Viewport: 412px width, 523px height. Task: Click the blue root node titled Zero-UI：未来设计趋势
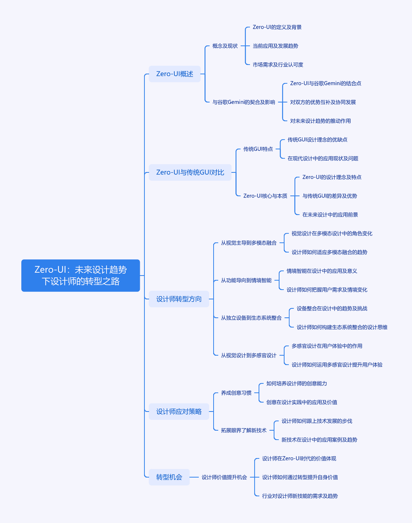pyautogui.click(x=80, y=275)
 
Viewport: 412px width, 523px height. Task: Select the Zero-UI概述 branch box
pyautogui.click(x=175, y=74)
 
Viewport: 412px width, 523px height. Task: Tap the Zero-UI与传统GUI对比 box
pyautogui.click(x=190, y=172)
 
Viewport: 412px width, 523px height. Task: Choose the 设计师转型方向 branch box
pyautogui.click(x=179, y=299)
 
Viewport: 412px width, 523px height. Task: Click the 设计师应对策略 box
pyautogui.click(x=179, y=411)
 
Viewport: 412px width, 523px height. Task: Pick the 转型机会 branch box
pyautogui.click(x=169, y=477)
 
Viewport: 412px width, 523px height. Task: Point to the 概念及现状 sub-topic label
pyautogui.click(x=225, y=46)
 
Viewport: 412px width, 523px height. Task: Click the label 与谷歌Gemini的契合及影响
pyautogui.click(x=244, y=102)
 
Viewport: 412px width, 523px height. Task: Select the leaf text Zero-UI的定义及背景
pyautogui.click(x=277, y=27)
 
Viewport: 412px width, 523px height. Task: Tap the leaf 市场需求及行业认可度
pyautogui.click(x=278, y=65)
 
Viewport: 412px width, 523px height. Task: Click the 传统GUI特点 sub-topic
pyautogui.click(x=258, y=149)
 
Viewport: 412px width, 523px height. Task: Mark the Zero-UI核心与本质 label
pyautogui.click(x=266, y=196)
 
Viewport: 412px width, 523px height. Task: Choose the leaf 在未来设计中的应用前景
pyautogui.click(x=330, y=215)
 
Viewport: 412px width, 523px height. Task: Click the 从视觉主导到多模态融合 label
pyautogui.click(x=249, y=243)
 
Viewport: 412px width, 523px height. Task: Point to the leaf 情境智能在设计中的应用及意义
pyautogui.click(x=322, y=271)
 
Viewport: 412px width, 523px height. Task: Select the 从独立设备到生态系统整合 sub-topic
pyautogui.click(x=251, y=318)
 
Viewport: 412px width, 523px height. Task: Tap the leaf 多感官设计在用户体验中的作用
pyautogui.click(x=327, y=346)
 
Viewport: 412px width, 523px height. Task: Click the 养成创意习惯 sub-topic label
pyautogui.click(x=236, y=393)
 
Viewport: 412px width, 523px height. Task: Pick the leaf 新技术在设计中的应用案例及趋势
pyautogui.click(x=320, y=440)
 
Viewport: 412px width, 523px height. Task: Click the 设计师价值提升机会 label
pyautogui.click(x=224, y=477)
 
